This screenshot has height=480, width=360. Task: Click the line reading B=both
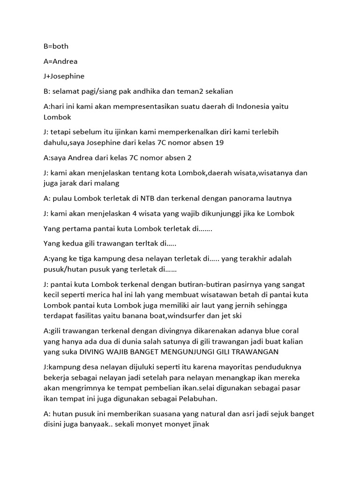(56, 46)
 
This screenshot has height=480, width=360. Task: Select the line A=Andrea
(60, 61)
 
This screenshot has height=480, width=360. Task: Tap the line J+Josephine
(64, 76)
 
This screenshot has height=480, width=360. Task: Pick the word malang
(107, 183)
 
